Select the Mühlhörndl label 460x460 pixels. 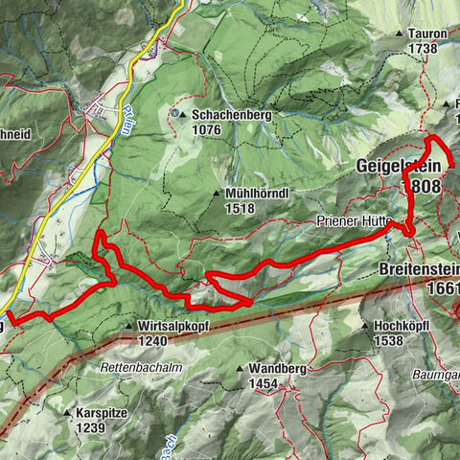(x=259, y=192)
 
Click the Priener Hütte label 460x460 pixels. (x=350, y=220)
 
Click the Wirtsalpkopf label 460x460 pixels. (x=173, y=326)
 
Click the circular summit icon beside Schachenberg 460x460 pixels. (x=175, y=114)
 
